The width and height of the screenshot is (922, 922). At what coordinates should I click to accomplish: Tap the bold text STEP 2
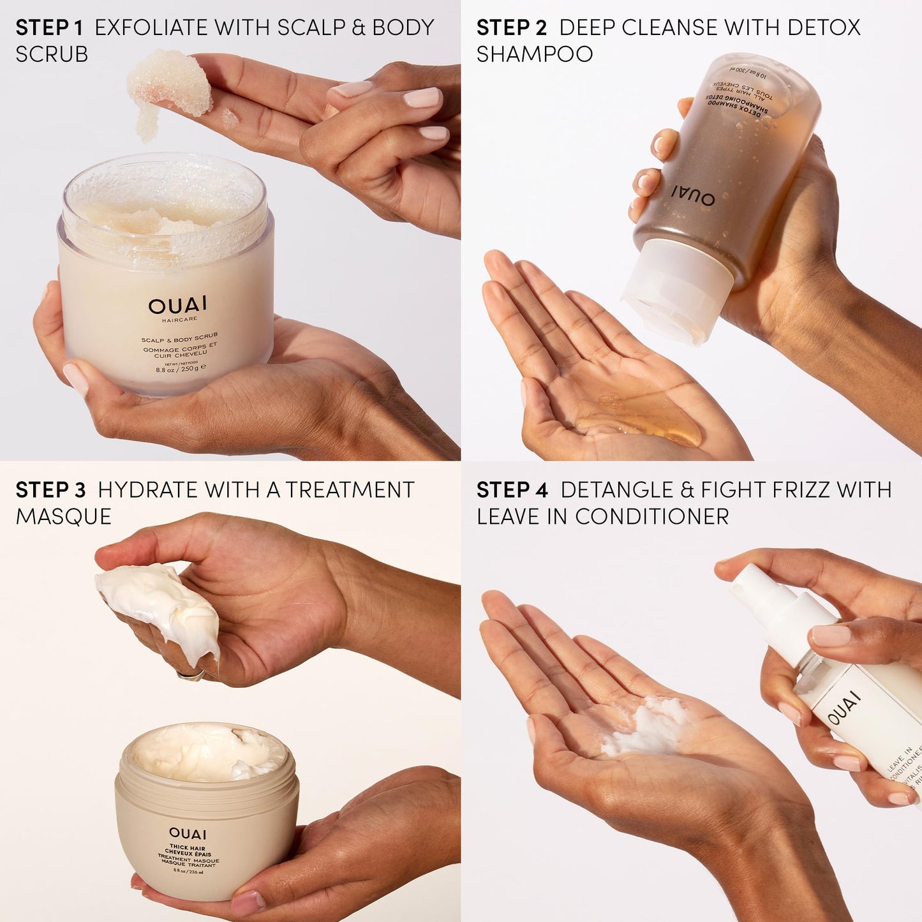click(x=511, y=27)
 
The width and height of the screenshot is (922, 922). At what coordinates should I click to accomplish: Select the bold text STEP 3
click(x=50, y=490)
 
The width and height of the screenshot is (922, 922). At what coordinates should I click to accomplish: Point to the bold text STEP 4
click(x=512, y=490)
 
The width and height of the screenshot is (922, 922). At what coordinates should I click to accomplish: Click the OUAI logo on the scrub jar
click(x=168, y=306)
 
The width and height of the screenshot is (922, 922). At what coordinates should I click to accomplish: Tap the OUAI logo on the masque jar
click(x=188, y=834)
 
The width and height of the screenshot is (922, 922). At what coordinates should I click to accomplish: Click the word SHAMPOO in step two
click(x=535, y=54)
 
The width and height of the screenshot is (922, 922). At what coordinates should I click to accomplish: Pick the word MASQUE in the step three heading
click(x=64, y=516)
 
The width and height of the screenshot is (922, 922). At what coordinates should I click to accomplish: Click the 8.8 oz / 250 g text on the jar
click(x=181, y=369)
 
